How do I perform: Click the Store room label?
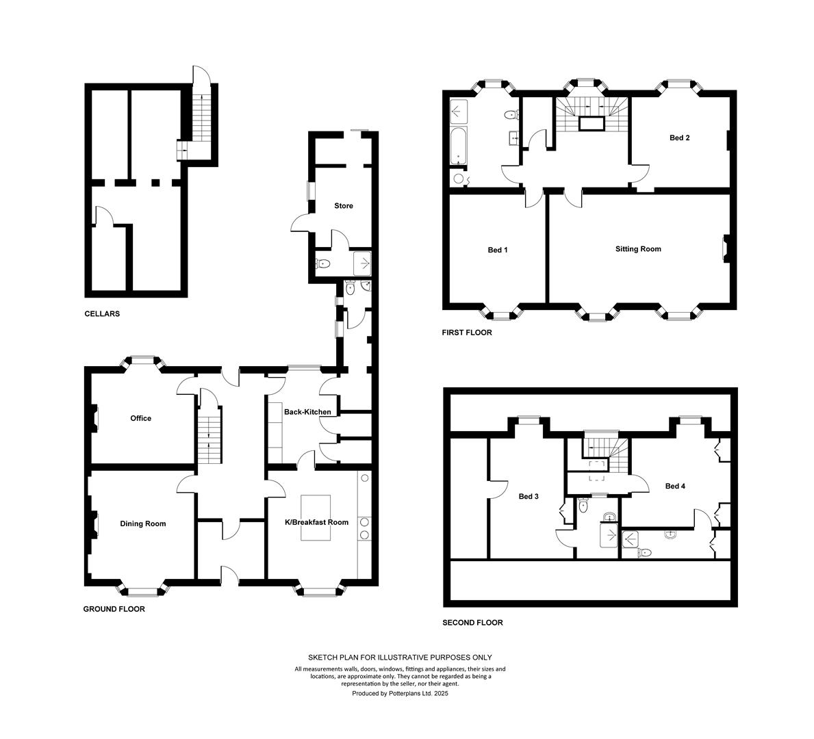click(x=344, y=206)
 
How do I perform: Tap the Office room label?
click(x=140, y=418)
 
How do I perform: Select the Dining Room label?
click(x=143, y=523)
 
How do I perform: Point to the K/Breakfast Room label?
click(x=317, y=522)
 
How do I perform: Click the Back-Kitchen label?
click(x=307, y=412)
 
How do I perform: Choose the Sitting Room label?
click(x=638, y=249)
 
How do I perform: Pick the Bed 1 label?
click(x=497, y=250)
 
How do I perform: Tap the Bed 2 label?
click(x=680, y=138)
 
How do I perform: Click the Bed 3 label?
click(x=529, y=497)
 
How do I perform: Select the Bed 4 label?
click(x=675, y=487)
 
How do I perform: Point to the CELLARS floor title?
click(x=102, y=314)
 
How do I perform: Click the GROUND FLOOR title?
click(x=114, y=609)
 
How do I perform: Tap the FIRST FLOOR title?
click(x=467, y=333)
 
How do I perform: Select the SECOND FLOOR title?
click(x=472, y=623)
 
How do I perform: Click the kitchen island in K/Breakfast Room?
click(x=316, y=517)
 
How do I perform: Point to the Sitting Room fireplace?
click(x=726, y=249)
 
